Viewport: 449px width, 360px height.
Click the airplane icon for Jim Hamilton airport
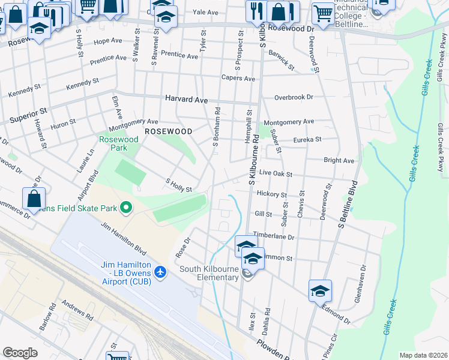click(x=160, y=272)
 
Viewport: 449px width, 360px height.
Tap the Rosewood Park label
click(x=118, y=143)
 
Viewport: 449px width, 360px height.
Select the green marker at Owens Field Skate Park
click(x=126, y=208)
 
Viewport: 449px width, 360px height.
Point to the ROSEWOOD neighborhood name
click(x=168, y=131)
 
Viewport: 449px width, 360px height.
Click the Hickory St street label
click(x=271, y=194)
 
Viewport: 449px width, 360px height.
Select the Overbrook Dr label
click(x=294, y=97)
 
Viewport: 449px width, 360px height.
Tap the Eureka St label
click(x=307, y=139)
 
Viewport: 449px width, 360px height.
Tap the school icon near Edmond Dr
click(x=321, y=290)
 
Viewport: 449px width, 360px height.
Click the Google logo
click(x=20, y=353)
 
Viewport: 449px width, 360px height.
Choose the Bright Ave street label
click(x=339, y=161)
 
